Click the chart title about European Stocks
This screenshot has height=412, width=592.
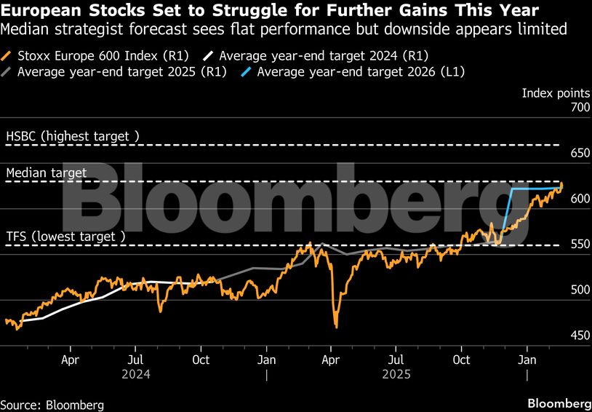tap(270, 10)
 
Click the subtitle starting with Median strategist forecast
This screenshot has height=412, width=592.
tap(284, 29)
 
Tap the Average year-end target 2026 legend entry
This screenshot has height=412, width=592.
tap(361, 71)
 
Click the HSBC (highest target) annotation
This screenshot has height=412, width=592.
tap(72, 136)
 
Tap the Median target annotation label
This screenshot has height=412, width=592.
tap(47, 173)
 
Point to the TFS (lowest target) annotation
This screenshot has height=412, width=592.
tap(65, 237)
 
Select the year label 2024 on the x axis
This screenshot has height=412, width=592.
tap(136, 374)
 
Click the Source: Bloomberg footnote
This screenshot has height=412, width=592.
tap(52, 404)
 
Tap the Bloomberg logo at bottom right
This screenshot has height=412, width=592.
tap(559, 403)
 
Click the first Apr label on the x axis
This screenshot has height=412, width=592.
tap(70, 360)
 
